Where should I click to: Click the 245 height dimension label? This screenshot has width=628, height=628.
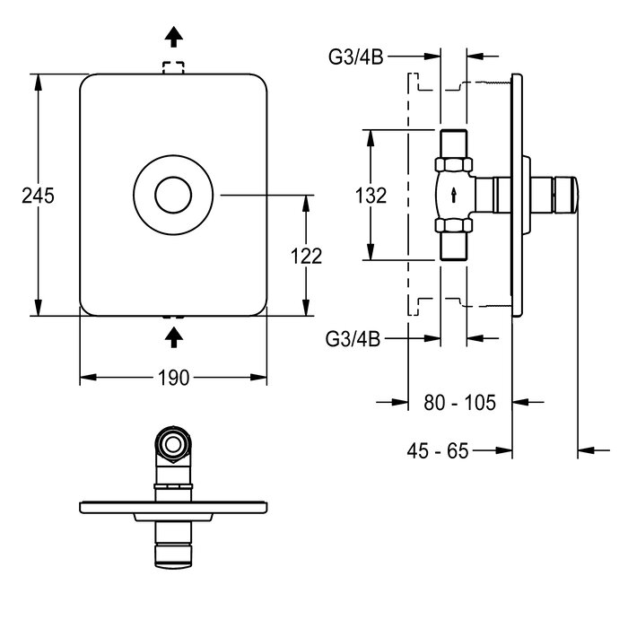[x=38, y=196]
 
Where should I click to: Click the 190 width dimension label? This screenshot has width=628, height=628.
[x=173, y=378]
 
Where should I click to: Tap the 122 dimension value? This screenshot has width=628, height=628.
[x=307, y=257]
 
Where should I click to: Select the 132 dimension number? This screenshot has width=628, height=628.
[x=371, y=196]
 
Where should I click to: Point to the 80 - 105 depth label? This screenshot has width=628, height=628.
[x=459, y=403]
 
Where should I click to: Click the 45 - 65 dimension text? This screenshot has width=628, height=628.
[x=438, y=451]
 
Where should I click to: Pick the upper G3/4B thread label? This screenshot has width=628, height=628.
[x=355, y=57]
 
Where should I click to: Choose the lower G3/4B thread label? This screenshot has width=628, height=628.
[x=353, y=339]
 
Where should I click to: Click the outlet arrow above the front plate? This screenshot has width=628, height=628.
[x=173, y=37]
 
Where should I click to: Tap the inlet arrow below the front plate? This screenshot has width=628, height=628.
[x=173, y=337]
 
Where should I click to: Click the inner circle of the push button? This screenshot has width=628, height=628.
[x=173, y=195]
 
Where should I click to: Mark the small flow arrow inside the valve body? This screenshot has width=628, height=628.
[x=453, y=195]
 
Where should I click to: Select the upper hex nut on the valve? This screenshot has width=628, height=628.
[x=453, y=165]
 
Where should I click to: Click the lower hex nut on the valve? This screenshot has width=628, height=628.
[x=453, y=225]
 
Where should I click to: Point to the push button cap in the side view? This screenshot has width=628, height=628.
[x=565, y=195]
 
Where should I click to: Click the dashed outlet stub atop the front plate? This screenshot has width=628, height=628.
[x=173, y=67]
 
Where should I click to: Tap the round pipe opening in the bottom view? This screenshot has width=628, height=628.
[x=173, y=445]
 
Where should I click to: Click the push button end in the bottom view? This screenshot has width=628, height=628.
[x=173, y=556]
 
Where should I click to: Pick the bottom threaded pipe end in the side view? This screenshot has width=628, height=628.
[x=453, y=246]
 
